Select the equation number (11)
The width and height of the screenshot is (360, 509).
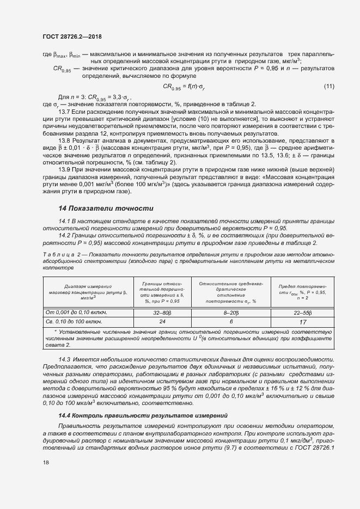329,87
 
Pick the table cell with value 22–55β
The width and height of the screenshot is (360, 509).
302,312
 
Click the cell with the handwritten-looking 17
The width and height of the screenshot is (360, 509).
302,322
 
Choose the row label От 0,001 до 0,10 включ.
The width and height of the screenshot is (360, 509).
76,312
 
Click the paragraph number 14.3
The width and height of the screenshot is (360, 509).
65,360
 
